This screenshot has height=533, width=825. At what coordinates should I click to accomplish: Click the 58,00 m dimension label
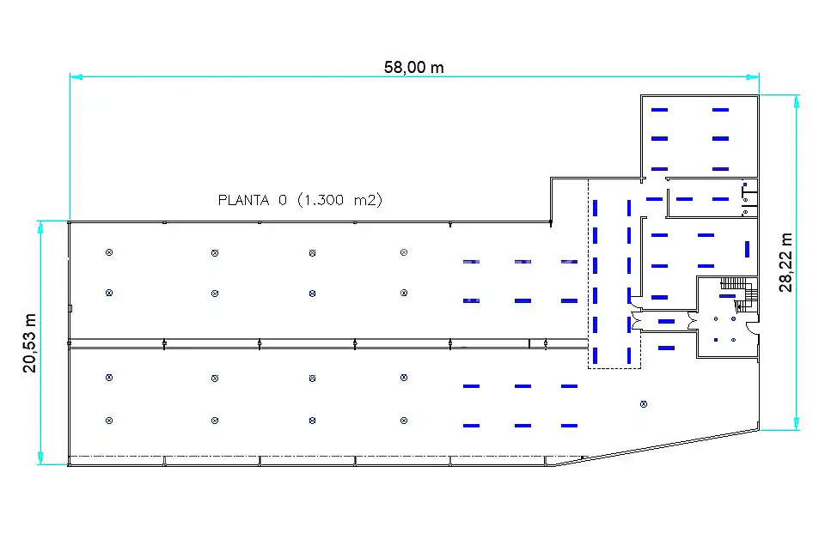coord(413,67)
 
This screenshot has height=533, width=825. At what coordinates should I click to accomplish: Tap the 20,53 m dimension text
coord(29,342)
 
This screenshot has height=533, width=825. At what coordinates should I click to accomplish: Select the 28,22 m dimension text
coord(785,263)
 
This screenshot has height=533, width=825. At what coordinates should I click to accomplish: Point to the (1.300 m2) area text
coord(339,200)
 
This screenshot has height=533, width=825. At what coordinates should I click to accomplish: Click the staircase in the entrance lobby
coord(739,294)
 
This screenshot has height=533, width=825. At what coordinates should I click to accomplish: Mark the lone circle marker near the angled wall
coord(644,404)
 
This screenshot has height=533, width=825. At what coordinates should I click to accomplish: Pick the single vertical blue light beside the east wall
coord(747,249)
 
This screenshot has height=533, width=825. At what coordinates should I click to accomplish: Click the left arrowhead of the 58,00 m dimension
coord(76,77)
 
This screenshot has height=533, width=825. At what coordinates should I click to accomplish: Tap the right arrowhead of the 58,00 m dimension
coord(753,77)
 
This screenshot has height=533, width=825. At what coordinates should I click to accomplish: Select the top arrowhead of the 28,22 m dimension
coord(797,101)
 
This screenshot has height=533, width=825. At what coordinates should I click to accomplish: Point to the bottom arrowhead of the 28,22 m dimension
coord(797,424)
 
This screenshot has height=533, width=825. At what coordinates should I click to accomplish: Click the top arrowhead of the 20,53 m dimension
coord(40,227)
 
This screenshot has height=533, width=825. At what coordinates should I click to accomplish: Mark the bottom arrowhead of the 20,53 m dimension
coord(40,458)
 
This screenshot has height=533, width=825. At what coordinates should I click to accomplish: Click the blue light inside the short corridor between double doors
coord(667,321)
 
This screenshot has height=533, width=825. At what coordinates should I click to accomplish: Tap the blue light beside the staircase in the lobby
coord(728,296)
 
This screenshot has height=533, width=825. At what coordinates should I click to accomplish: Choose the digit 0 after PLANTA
coord(283,200)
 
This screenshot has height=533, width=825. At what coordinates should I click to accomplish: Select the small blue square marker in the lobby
coord(716,340)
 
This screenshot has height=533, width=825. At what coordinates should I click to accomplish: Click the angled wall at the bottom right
coord(657,448)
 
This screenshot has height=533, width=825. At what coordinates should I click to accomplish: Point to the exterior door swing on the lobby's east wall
coord(753,327)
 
